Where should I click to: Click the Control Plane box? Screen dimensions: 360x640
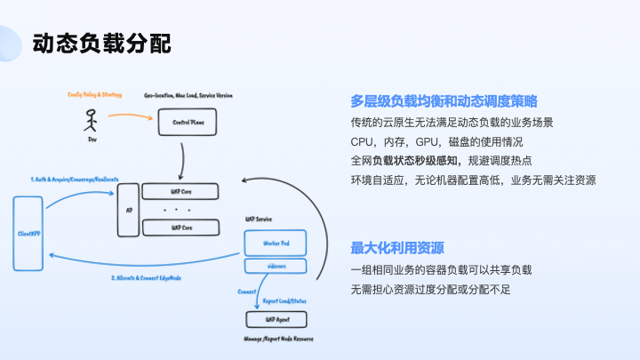click(x=187, y=122)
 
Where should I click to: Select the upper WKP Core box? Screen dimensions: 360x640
click(x=181, y=190)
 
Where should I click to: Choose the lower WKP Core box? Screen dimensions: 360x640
click(x=181, y=228)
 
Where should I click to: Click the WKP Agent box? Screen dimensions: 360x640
click(x=276, y=318)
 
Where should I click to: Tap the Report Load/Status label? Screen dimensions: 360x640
click(x=286, y=300)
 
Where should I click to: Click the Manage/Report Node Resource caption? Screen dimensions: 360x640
click(x=278, y=339)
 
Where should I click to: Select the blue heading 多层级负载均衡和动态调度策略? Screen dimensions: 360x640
click(x=444, y=101)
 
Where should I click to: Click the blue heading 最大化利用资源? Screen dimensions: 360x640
click(x=397, y=247)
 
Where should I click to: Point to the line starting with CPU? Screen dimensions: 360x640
click(x=436, y=141)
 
